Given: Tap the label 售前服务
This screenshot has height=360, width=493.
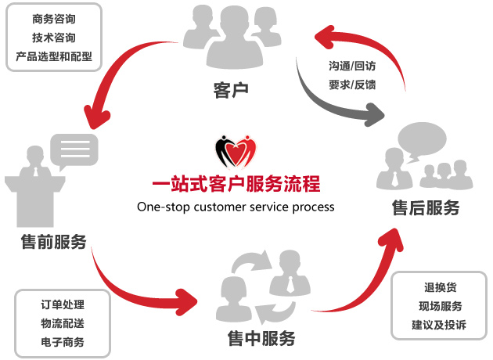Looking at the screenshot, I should click(54, 242).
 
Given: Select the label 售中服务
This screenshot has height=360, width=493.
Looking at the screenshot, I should click(262, 339).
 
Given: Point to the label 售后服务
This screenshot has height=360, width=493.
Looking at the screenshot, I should click(425, 208).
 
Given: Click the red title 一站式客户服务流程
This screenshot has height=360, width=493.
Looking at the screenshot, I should click(236, 185).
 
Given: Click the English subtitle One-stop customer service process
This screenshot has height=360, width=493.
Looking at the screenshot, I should click(236, 207).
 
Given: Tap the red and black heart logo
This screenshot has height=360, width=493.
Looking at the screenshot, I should click(236, 150).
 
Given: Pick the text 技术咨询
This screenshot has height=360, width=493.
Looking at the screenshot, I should click(54, 38).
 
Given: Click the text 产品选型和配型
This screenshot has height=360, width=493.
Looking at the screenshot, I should click(54, 56).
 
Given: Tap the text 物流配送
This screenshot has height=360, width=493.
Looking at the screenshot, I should click(63, 323).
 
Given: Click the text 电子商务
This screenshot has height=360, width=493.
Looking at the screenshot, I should click(63, 342).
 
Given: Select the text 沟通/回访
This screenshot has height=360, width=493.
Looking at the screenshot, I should click(352, 66).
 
